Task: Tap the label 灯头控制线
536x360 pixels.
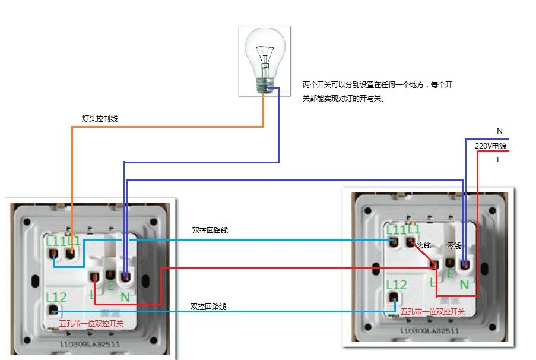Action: [x=99, y=119]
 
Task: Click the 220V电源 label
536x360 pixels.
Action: [x=490, y=146]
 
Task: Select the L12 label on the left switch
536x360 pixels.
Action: [x=56, y=296]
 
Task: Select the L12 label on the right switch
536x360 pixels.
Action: [x=396, y=285]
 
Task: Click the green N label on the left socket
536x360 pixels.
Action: [x=125, y=296]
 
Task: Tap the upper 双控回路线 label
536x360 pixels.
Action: [x=210, y=230]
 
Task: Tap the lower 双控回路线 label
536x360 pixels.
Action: [x=208, y=307]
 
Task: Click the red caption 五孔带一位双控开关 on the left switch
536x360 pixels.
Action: [x=91, y=324]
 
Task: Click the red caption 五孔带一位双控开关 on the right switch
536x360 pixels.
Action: [x=432, y=312]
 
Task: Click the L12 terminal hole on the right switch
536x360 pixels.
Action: [x=392, y=297]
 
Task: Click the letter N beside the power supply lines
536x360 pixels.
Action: [x=500, y=131]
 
